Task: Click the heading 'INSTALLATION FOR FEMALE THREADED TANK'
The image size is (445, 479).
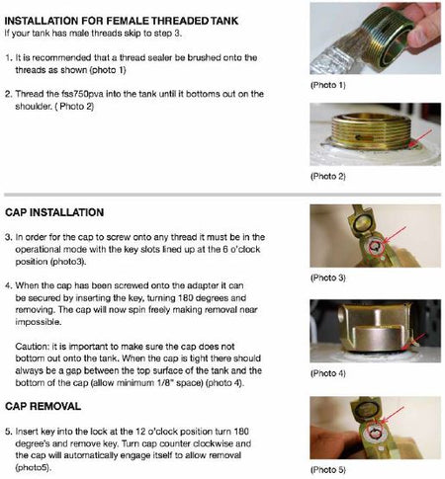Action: click(x=122, y=21)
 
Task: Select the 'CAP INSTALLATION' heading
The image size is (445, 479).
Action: click(x=54, y=212)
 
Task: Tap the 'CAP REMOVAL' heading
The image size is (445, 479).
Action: click(x=43, y=406)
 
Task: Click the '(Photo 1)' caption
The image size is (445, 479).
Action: click(x=327, y=85)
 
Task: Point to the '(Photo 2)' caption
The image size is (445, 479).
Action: click(x=327, y=176)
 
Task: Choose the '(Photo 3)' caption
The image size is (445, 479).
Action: click(x=327, y=278)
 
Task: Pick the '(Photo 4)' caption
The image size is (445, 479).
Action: click(x=327, y=373)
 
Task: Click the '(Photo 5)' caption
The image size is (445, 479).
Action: click(x=327, y=469)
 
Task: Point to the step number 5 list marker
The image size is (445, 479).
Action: click(x=9, y=432)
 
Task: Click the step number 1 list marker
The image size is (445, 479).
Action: click(x=9, y=57)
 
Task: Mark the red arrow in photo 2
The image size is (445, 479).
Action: click(x=421, y=137)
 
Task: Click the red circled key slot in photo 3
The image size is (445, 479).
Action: click(x=375, y=246)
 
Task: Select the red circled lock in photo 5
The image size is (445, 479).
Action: click(x=374, y=432)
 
